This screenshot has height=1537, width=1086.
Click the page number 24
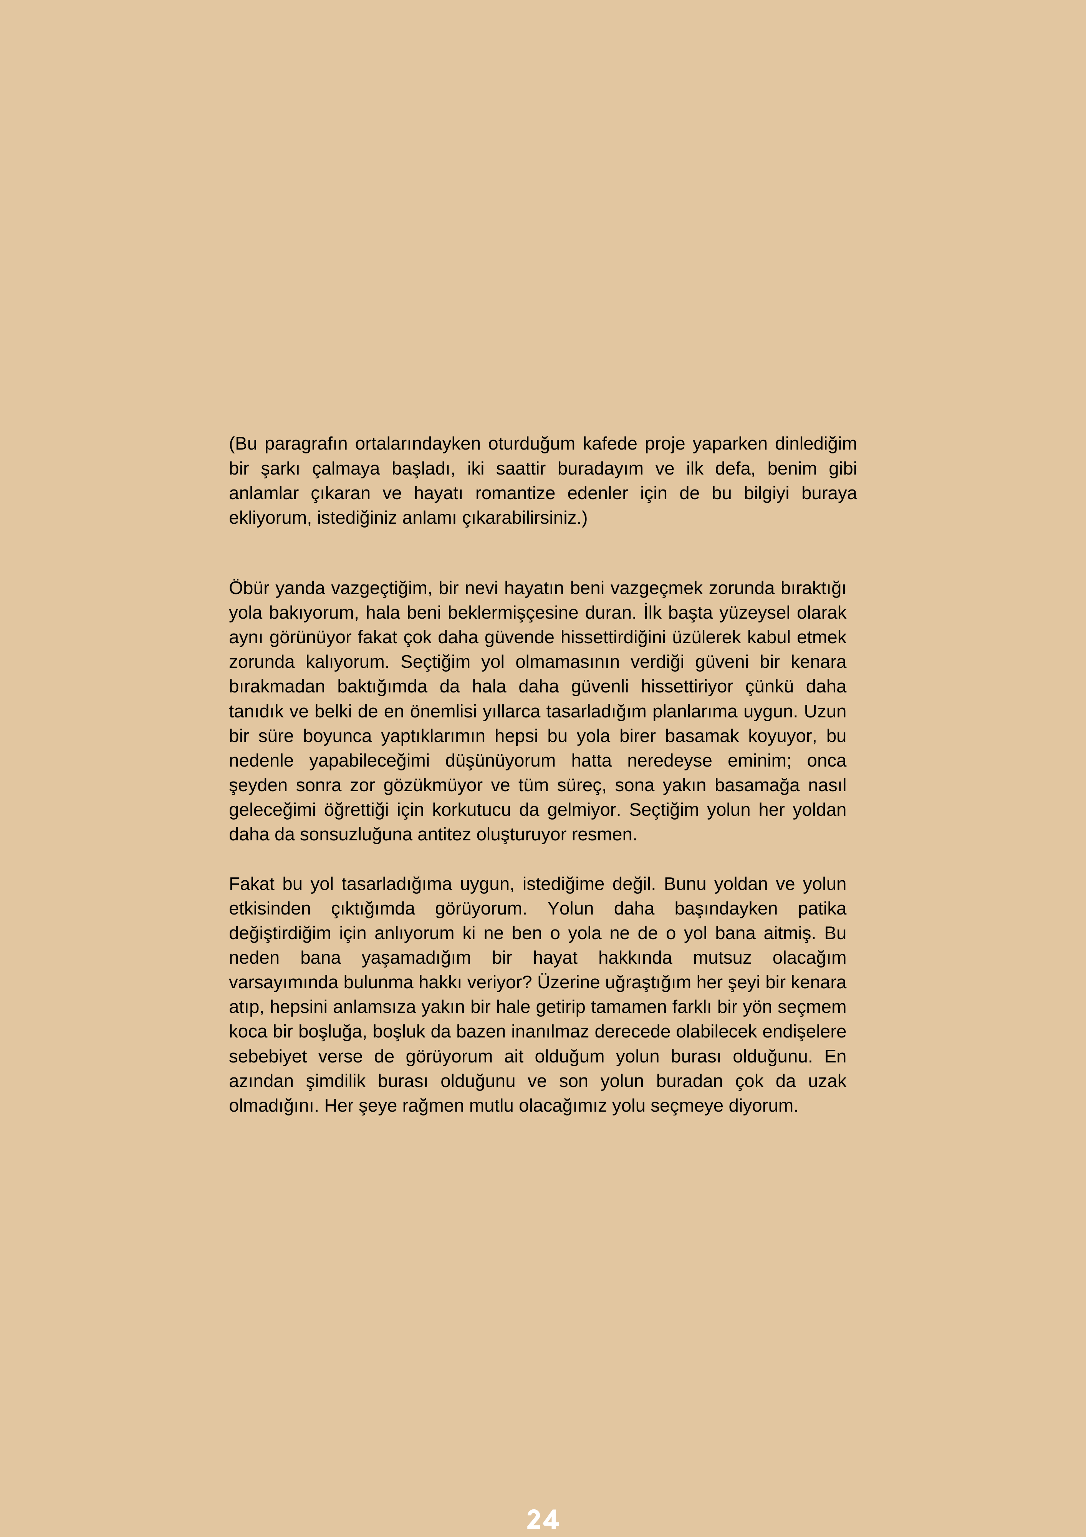click(x=543, y=1520)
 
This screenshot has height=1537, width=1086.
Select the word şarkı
click(x=280, y=469)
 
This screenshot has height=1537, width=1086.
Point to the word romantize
click(x=515, y=493)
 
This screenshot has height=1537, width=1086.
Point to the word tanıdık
click(x=256, y=711)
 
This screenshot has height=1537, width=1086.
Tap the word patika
click(x=822, y=908)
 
